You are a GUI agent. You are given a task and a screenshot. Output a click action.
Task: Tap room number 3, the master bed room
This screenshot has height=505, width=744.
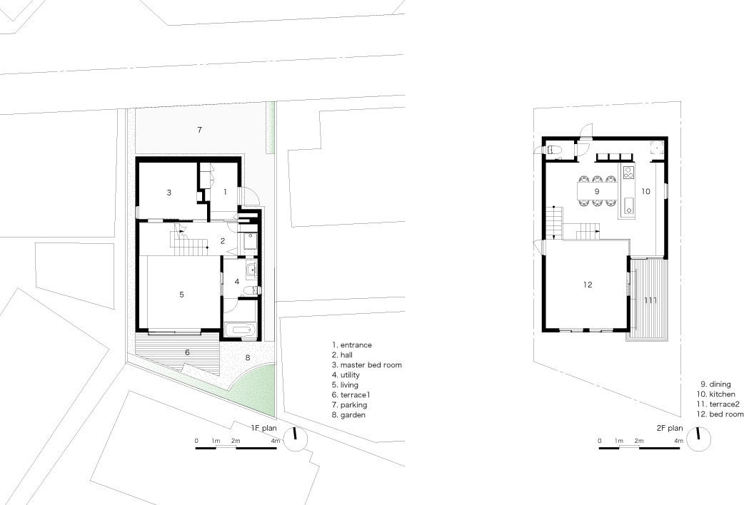coord(169,193)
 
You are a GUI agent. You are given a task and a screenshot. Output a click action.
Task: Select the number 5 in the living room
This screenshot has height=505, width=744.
coord(182,294)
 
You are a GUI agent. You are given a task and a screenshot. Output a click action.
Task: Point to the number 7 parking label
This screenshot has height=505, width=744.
coord(200,130)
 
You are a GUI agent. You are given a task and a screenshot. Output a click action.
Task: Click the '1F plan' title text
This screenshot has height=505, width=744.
coord(264,428)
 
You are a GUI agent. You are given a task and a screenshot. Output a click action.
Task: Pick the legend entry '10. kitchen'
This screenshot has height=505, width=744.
coord(718,394)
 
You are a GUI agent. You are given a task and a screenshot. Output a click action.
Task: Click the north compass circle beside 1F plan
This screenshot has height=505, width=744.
coord(295,440)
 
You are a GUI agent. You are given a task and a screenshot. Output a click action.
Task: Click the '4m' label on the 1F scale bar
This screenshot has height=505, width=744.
coord(276,442)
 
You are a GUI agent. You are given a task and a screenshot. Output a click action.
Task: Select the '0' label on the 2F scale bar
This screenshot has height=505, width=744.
coord(600,442)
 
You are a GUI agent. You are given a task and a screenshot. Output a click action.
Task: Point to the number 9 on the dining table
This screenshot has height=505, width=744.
coord(596,191)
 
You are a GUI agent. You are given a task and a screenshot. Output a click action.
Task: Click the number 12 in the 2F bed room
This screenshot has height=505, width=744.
coord(588,285)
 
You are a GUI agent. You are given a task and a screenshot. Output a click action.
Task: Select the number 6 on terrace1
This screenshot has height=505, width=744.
coord(187,352)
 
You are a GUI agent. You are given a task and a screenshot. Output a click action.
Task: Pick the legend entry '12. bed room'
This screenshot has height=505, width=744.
coord(720,414)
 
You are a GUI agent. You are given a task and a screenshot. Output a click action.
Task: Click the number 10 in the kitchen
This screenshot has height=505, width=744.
coord(645,191)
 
